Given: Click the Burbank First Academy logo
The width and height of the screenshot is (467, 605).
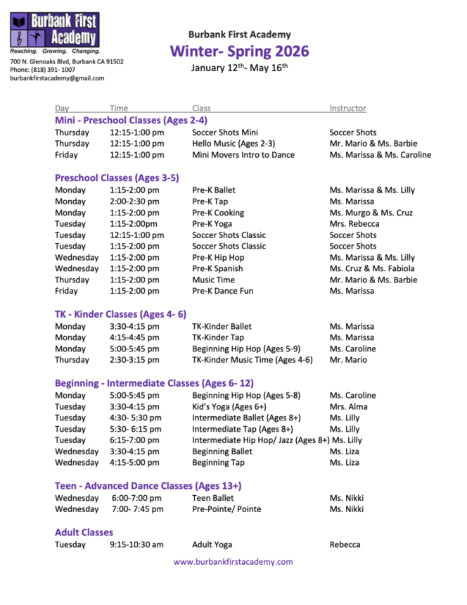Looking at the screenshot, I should click(x=54, y=30).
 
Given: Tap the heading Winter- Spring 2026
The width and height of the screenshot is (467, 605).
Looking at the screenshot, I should click(x=239, y=51).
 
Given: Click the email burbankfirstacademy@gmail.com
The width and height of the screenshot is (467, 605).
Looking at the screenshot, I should click(x=57, y=78).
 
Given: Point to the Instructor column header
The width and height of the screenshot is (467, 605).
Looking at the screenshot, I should click(x=347, y=108).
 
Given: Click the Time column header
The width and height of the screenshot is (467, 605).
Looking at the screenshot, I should click(x=119, y=108).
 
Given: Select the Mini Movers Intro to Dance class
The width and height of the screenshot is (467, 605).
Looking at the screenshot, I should click(x=243, y=155).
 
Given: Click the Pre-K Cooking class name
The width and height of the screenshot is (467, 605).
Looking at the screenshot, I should click(x=218, y=213).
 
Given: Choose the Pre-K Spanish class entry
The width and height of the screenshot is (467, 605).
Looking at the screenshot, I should click(x=218, y=268).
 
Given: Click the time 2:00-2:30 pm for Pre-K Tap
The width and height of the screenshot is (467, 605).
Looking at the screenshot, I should click(x=134, y=201).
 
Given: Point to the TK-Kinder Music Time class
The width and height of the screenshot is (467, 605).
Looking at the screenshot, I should click(x=252, y=360).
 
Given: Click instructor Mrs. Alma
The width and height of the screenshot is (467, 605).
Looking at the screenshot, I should click(x=348, y=406).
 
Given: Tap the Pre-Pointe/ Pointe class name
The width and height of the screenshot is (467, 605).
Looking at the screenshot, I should click(x=226, y=509).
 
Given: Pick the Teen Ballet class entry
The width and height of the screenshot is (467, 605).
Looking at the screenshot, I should click(x=213, y=498).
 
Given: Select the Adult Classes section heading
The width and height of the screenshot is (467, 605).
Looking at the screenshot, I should click(x=84, y=532).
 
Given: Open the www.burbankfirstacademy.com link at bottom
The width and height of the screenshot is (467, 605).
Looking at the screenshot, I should click(x=233, y=562).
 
